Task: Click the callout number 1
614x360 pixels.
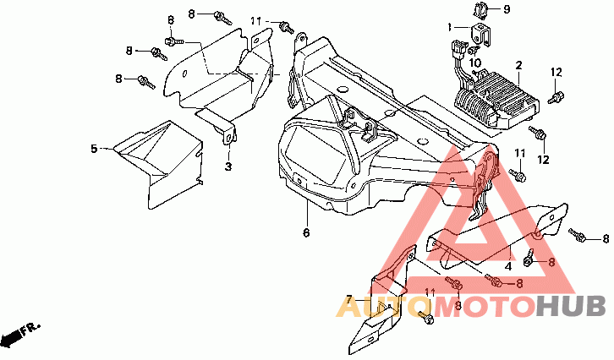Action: [x=451, y=26]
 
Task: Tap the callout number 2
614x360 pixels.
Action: [x=518, y=64]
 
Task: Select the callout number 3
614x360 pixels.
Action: [x=228, y=166]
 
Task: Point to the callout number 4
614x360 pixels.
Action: [x=507, y=265]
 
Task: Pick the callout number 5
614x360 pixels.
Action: [x=94, y=149]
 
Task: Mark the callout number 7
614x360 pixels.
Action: [x=347, y=298]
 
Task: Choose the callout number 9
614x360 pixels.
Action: [x=507, y=9]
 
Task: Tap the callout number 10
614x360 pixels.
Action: [x=474, y=62]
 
